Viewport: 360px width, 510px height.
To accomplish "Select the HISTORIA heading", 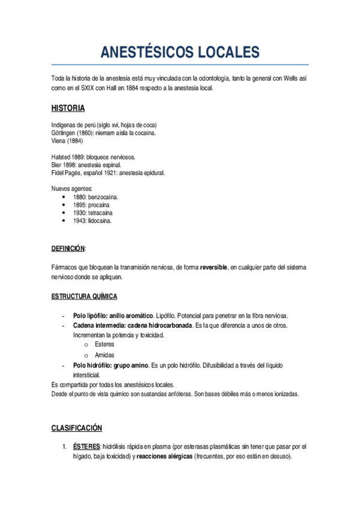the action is tap(68, 108).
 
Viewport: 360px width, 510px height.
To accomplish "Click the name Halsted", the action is tap(62, 157).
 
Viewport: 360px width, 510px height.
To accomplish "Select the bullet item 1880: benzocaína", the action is tap(95, 197).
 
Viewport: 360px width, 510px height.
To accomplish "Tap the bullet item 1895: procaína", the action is tap(91, 204).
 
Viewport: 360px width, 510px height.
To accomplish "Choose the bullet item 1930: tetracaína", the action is tap(93, 213).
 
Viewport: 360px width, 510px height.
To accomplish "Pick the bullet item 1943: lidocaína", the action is tap(92, 221).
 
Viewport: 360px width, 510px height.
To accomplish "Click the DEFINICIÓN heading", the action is tap(69, 248).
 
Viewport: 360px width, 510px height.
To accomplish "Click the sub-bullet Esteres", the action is tap(104, 345).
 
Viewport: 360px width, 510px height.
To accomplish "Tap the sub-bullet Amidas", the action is tap(104, 355).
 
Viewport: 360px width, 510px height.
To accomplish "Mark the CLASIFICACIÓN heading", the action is tap(76, 428).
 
